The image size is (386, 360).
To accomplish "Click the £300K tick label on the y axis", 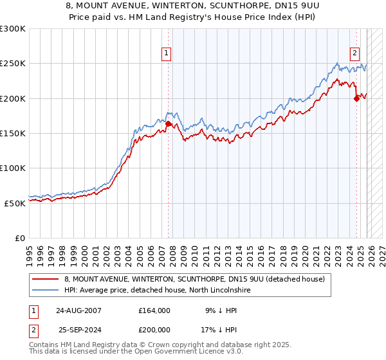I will click(13, 29).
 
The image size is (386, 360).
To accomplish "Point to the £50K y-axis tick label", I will click(15, 203).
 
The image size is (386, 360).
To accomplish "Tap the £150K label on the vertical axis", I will click(13, 134).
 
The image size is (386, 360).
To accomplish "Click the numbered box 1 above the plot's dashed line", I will click(167, 54).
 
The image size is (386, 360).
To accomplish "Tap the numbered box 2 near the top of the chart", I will click(354, 54).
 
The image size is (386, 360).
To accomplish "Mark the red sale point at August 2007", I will click(169, 123).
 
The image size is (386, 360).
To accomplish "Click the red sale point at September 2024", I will click(357, 98).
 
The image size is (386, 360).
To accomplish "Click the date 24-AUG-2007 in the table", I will click(78, 310).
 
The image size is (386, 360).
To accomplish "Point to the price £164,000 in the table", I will click(154, 310).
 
